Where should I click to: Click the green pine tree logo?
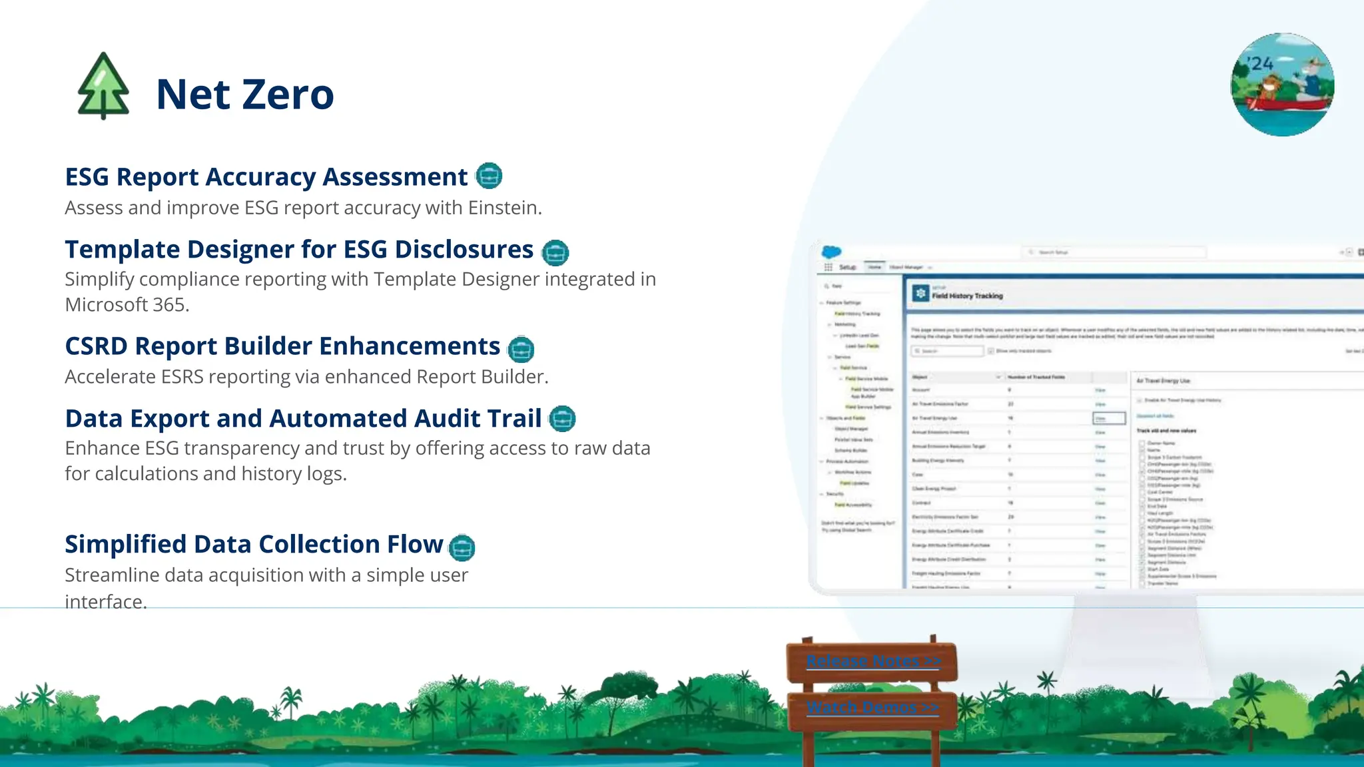click(103, 87)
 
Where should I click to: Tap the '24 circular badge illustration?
click(1282, 85)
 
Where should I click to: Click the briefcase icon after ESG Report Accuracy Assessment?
click(489, 176)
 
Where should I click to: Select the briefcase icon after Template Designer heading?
click(555, 252)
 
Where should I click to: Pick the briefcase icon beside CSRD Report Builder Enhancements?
click(521, 349)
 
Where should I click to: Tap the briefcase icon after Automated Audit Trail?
click(562, 419)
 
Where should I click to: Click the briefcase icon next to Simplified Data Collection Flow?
click(462, 547)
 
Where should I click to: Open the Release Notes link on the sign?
click(872, 661)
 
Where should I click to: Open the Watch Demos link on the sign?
click(872, 707)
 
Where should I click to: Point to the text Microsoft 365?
click(127, 305)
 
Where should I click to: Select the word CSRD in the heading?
click(96, 347)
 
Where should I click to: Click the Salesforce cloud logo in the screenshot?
click(831, 252)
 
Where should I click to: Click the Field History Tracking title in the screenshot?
click(967, 296)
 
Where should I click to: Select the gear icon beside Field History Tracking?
click(920, 294)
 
